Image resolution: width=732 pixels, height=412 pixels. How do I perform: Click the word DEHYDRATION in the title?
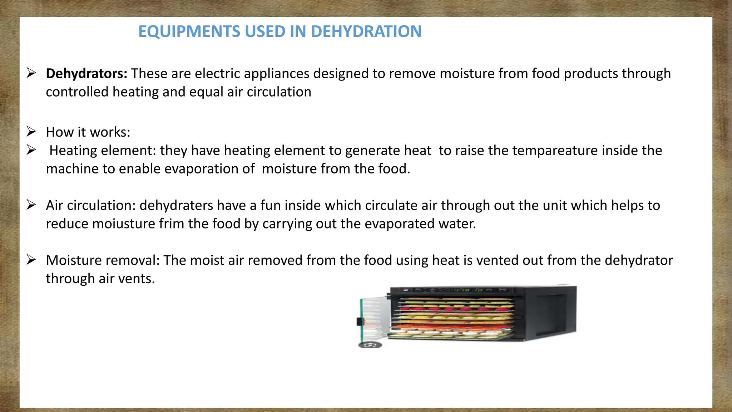366,31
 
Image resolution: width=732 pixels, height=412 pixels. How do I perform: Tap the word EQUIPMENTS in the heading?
189,31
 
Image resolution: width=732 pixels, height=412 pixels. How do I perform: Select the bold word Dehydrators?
86,74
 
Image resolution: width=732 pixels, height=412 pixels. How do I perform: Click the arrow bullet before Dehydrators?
31,73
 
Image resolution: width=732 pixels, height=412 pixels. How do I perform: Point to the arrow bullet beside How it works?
31,132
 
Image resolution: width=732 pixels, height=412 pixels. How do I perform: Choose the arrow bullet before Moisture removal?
31,260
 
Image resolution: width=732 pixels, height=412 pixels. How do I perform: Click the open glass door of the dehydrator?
374,318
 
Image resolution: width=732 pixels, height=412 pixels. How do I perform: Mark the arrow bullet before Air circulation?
31,205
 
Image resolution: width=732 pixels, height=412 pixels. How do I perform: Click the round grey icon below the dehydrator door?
370,345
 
